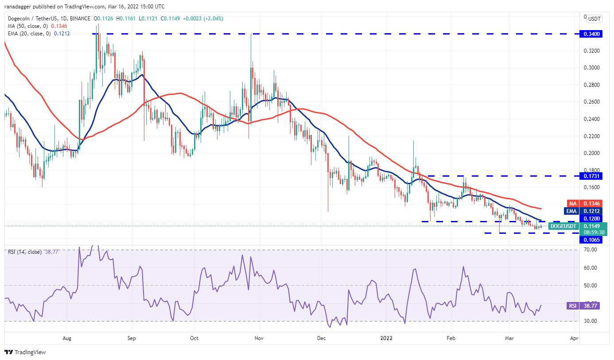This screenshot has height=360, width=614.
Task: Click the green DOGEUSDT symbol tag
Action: (x=563, y=226)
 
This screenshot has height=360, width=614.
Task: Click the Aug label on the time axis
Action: (x=67, y=337)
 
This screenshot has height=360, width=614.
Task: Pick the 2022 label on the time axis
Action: (x=386, y=337)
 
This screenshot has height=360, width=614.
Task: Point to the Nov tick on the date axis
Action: (x=259, y=337)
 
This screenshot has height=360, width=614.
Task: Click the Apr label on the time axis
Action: (x=574, y=337)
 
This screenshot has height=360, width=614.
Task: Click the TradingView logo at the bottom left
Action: (x=26, y=352)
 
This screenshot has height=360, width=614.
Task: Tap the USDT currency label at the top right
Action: (x=594, y=19)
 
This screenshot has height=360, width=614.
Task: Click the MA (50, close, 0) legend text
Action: (x=28, y=26)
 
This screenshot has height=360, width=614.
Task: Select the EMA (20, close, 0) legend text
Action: (x=29, y=33)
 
